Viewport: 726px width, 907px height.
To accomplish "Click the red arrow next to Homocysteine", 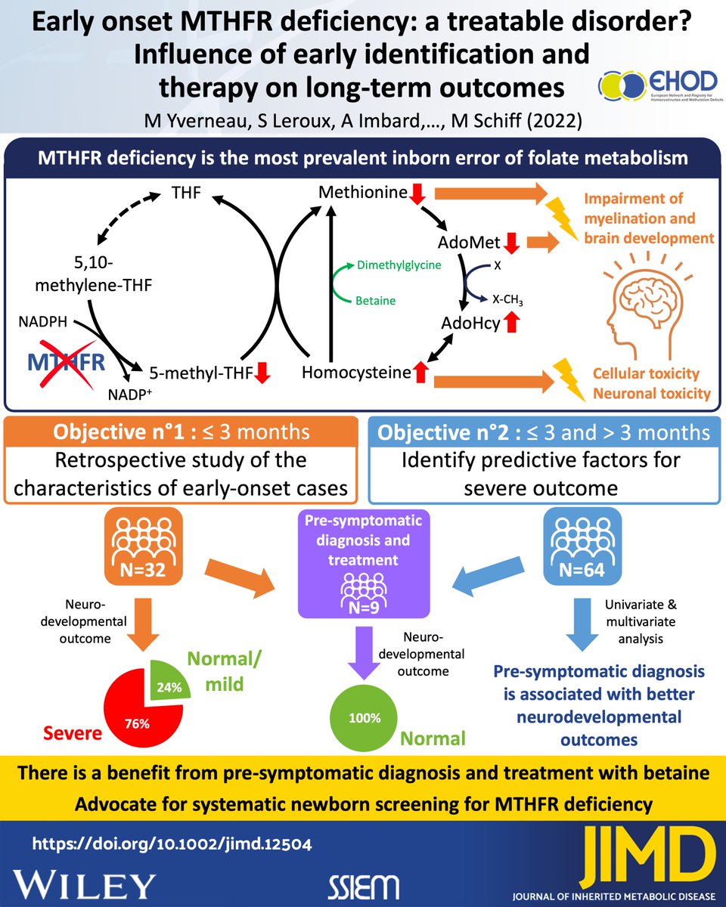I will click(421, 372).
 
